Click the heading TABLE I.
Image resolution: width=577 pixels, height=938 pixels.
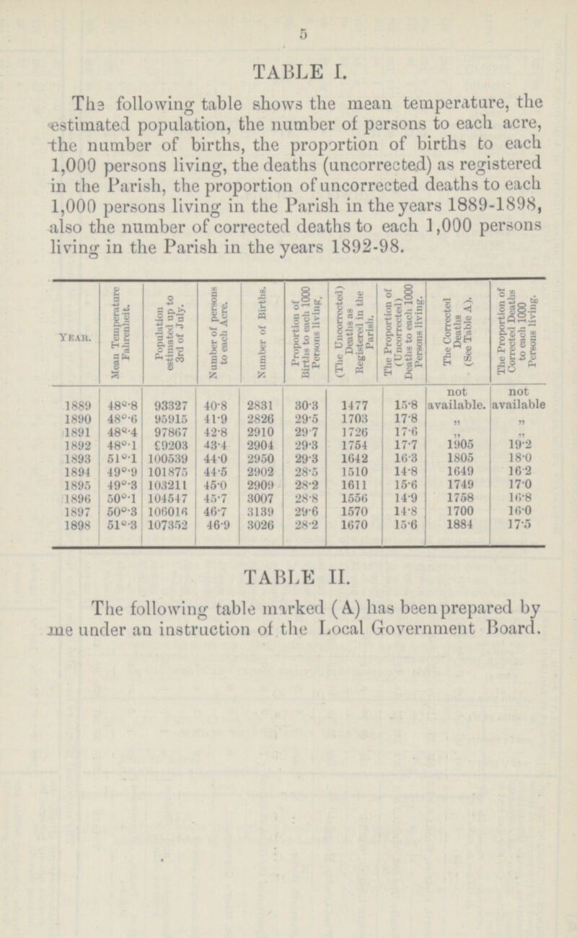(288, 70)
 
